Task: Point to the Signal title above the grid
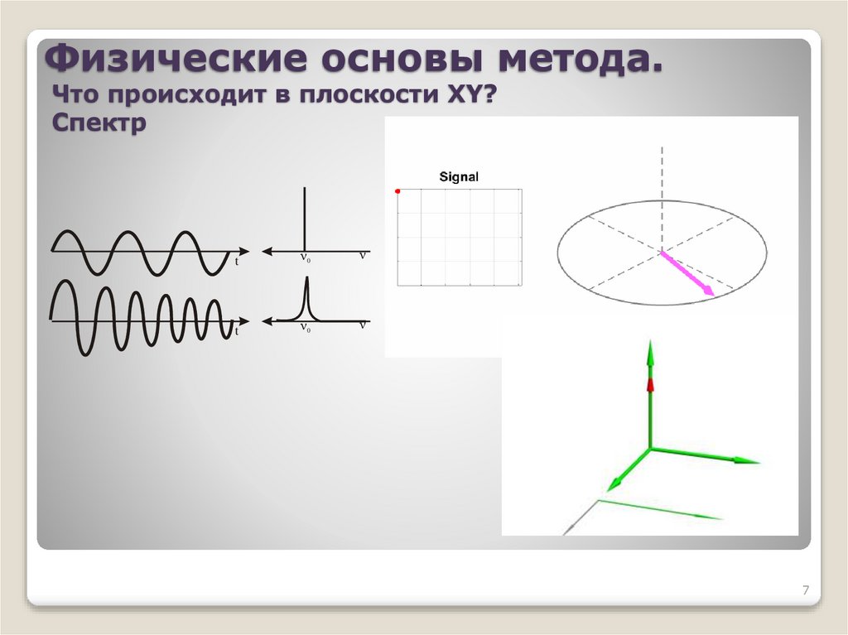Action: pos(459,176)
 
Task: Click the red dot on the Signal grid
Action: pos(398,191)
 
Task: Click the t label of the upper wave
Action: pos(237,261)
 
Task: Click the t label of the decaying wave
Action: pos(237,330)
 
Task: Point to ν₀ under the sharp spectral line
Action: pos(305,258)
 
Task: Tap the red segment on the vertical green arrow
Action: pos(650,385)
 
